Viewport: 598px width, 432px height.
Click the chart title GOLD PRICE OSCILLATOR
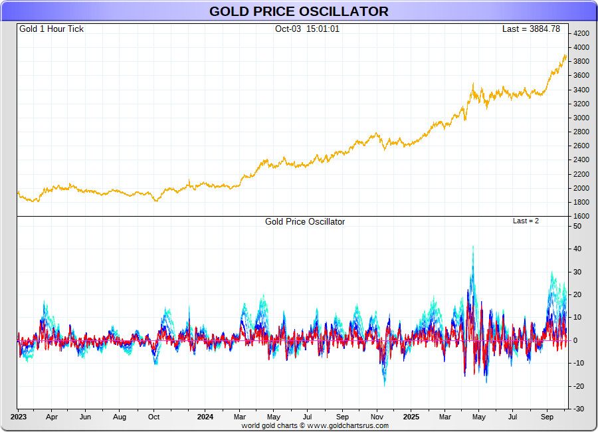[298, 11]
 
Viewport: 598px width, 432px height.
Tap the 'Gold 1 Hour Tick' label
[51, 29]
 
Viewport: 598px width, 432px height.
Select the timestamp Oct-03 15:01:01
[307, 29]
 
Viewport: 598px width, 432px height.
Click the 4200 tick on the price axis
[581, 33]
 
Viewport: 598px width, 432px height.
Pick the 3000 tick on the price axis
[581, 118]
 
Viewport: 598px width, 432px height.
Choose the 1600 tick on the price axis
[581, 216]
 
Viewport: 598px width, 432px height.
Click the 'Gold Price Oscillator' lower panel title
[305, 222]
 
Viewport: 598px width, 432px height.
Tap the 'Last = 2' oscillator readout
[526, 221]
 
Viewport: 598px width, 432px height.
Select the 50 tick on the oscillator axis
[577, 227]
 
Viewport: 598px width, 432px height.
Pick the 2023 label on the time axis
[18, 417]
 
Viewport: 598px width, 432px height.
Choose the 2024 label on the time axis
[205, 417]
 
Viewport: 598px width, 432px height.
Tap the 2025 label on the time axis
[412, 417]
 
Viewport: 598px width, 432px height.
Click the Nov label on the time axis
[377, 417]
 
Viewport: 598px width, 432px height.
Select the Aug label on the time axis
[120, 417]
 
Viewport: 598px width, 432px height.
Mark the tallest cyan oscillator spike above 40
[473, 247]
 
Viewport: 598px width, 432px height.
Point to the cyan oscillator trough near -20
[384, 385]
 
